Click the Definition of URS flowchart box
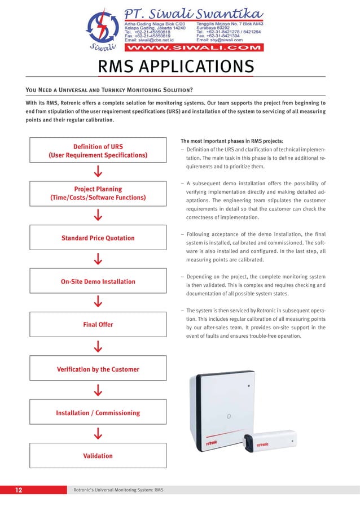tap(98, 151)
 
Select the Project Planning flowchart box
tap(98, 193)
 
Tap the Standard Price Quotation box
tap(98, 238)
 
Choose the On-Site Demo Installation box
tap(98, 281)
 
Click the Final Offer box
tap(98, 325)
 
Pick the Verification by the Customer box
tap(98, 369)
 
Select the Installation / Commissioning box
tap(98, 413)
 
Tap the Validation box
tap(98, 456)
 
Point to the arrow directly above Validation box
tap(98, 434)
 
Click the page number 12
tap(19, 490)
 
